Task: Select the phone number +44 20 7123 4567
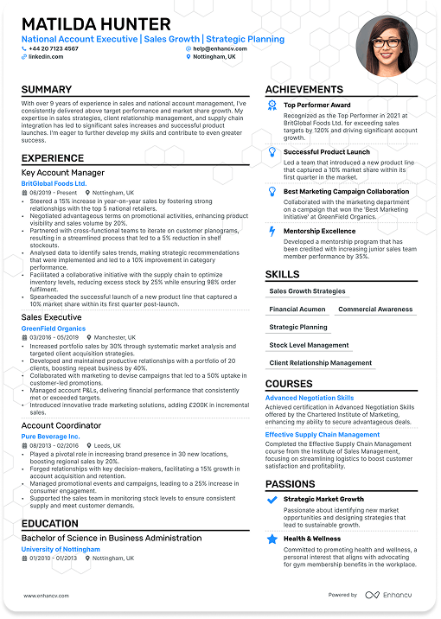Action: [53, 48]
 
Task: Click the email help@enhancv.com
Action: [221, 48]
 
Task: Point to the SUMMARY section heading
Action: [47, 90]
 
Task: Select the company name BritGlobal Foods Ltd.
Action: [54, 183]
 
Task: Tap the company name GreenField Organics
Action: [54, 329]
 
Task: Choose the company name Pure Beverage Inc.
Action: [50, 437]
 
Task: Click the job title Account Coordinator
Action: [61, 425]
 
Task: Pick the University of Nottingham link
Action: [61, 549]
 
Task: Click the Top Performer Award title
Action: [316, 105]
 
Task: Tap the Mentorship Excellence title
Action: [319, 231]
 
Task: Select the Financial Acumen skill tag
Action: [297, 309]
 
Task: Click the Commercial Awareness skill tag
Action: [375, 309]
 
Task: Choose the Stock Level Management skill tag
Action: [309, 345]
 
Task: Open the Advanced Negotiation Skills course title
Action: [310, 398]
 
